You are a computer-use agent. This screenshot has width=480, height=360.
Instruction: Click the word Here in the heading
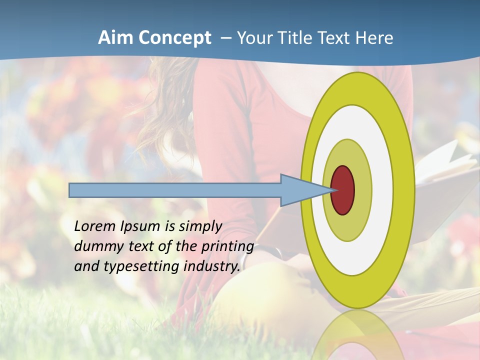374,38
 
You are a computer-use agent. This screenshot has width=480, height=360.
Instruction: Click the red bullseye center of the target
343,190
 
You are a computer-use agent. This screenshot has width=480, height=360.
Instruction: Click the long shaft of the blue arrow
175,190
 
